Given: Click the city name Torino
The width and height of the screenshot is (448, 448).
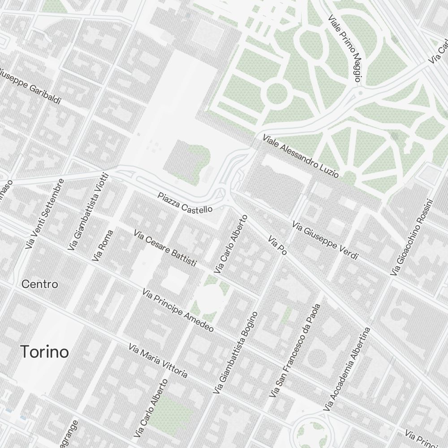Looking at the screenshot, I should tap(45, 352).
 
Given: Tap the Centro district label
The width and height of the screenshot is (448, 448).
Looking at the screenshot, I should tap(40, 284).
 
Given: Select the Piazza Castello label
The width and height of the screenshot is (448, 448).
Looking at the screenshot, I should tap(185, 202).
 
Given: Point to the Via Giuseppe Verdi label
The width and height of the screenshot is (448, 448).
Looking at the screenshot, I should tap(325, 240).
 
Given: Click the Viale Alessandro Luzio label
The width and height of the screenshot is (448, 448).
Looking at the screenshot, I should tap(301, 155).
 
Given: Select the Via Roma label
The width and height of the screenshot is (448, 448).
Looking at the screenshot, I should tap(103, 246).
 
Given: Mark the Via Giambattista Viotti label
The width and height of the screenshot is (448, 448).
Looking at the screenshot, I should tap(88, 211).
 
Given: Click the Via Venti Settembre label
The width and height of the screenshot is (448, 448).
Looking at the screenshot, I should tap(45, 214).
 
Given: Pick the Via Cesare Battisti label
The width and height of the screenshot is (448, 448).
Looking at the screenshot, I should tap(165, 249).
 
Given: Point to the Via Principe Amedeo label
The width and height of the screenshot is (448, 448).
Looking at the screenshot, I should tap(178, 310).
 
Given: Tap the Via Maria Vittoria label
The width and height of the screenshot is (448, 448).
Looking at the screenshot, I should tap(158, 360).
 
